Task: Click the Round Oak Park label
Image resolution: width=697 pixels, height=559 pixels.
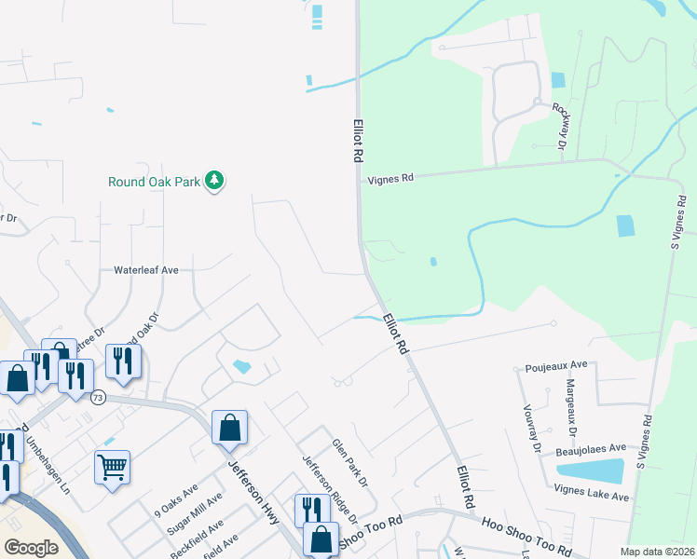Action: click(155, 182)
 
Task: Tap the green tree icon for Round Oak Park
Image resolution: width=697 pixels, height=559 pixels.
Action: click(215, 181)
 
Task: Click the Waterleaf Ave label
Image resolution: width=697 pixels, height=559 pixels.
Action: click(145, 270)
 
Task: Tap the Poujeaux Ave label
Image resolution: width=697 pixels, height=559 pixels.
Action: click(556, 364)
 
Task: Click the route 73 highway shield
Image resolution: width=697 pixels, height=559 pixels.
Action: click(98, 398)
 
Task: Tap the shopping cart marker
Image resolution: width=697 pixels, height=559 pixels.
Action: click(112, 467)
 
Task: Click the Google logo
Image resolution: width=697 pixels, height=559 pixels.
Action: click(30, 548)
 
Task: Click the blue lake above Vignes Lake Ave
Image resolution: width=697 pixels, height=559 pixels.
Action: click(590, 470)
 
